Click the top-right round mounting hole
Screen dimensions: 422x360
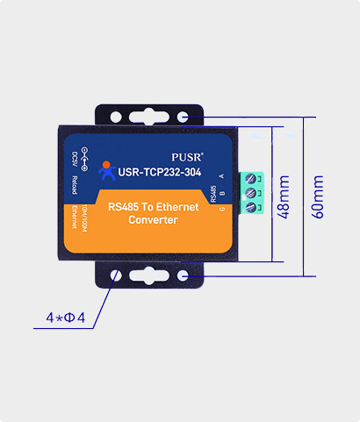183,117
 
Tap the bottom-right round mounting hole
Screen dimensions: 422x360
183,276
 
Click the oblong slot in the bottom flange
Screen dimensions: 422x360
149,276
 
